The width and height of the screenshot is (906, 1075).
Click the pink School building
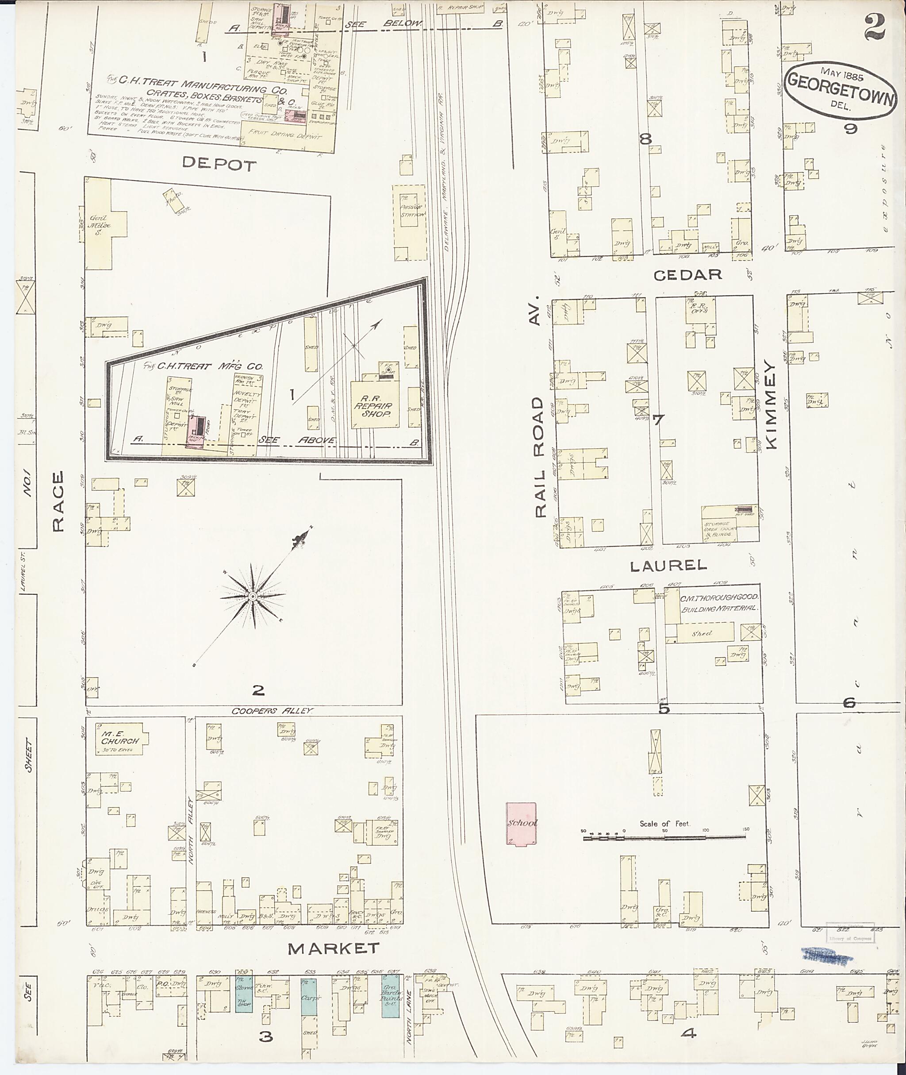pyautogui.click(x=521, y=824)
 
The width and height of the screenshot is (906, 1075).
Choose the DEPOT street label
pyautogui.click(x=219, y=165)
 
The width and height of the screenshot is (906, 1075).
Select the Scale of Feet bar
pyautogui.click(x=664, y=838)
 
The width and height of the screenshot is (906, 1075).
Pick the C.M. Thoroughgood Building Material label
pyautogui.click(x=719, y=603)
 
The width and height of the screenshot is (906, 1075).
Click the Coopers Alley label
pyautogui.click(x=271, y=711)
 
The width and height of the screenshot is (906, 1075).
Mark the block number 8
pyautogui.click(x=645, y=138)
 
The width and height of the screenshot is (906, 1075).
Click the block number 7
pyautogui.click(x=658, y=420)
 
